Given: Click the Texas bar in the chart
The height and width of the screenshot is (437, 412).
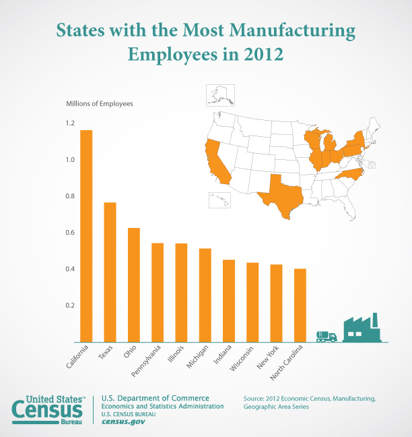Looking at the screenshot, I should click(x=110, y=272).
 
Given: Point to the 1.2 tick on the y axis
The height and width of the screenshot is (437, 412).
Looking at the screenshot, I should click(x=71, y=123).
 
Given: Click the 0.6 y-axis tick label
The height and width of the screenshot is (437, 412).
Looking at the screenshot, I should click(x=71, y=233).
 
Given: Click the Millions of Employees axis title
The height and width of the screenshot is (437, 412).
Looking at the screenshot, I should click(x=100, y=104).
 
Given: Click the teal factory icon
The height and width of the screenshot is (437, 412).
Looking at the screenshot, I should click(x=362, y=328).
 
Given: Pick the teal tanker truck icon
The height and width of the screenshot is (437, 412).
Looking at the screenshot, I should click(x=327, y=336).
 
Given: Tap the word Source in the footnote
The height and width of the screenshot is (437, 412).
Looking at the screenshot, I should click(x=256, y=399).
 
